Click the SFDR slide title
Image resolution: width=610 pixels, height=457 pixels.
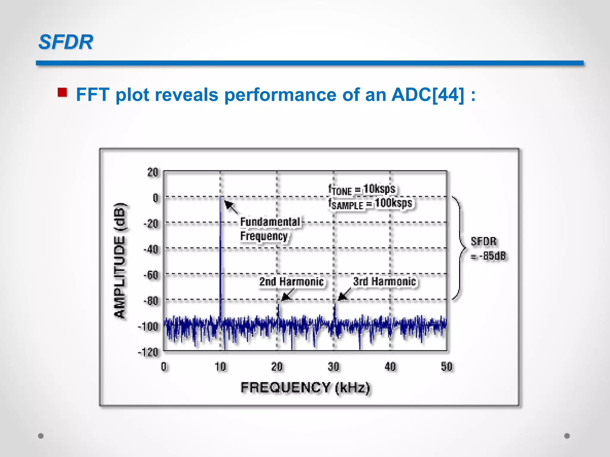tap(66, 42)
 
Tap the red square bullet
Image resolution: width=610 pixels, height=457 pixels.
tap(62, 92)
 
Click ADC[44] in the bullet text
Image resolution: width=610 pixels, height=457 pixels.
tap(428, 95)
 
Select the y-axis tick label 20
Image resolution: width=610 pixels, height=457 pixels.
tap(152, 172)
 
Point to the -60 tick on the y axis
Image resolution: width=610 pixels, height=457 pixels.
tap(151, 275)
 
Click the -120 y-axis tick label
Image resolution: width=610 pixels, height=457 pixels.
tap(148, 352)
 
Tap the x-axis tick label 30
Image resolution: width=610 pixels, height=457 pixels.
tap(333, 367)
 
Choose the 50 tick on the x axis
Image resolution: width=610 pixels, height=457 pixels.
tap(446, 367)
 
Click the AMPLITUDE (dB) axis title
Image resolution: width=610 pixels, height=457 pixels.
tap(120, 260)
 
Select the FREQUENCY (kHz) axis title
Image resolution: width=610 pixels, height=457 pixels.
tap(305, 388)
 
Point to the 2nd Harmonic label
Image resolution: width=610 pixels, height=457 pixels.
tap(291, 281)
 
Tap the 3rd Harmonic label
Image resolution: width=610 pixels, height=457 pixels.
tap(384, 281)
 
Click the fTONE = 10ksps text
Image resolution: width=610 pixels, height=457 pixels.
tap(362, 190)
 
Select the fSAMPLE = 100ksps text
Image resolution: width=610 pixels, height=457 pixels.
tap(370, 204)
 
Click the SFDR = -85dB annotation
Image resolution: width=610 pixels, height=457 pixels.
tap(488, 248)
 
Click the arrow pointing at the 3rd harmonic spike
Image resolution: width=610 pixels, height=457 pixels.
tap(344, 294)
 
